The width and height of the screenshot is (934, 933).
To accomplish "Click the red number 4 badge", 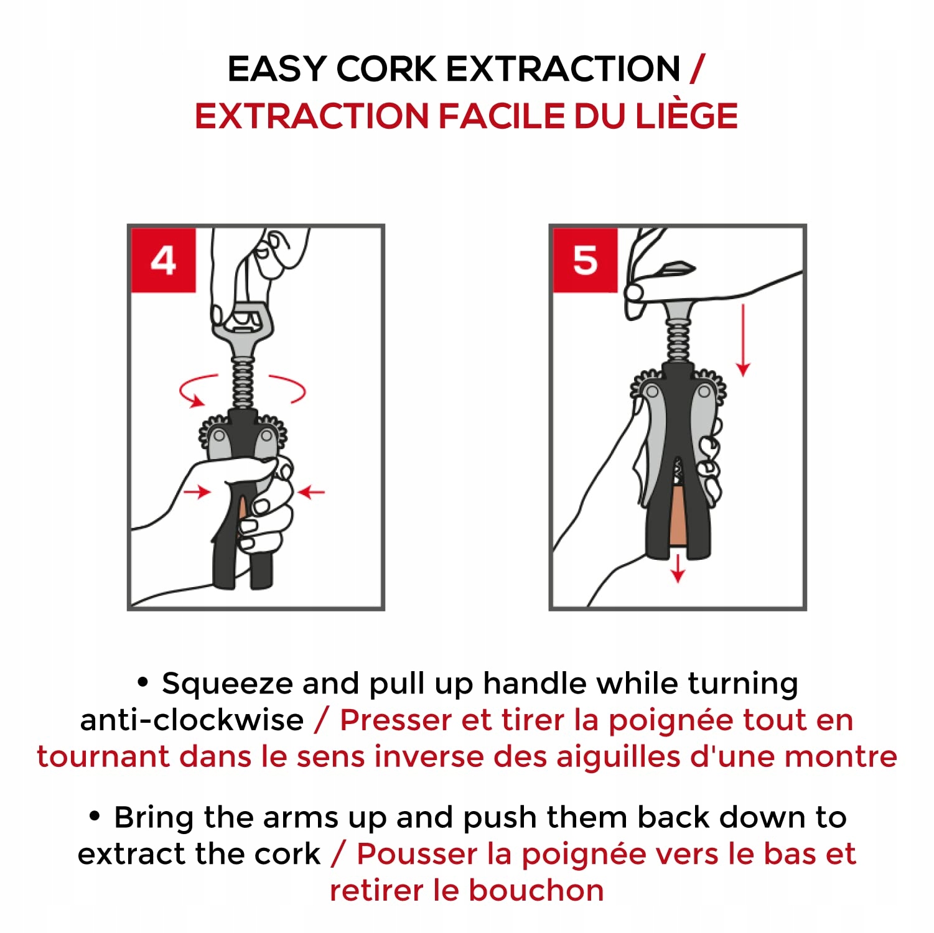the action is pos(164,260).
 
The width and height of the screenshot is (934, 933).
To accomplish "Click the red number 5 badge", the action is pos(585,260).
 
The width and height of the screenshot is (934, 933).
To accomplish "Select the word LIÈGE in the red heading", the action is pos(686,116).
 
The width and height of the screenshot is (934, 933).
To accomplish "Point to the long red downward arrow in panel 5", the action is pos(743,340).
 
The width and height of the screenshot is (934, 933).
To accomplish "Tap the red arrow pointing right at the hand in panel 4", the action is pos(198,492).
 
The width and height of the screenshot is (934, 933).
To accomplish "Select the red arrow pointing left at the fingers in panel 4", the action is pos(311,493).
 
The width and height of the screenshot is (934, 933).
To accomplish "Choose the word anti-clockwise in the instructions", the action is pos(192,720).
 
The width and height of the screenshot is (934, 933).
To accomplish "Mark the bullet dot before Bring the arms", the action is pos(95,815).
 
